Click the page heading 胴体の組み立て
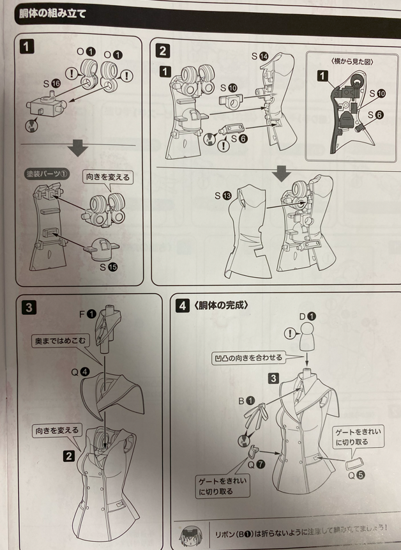point(53,13)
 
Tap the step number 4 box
point(182,305)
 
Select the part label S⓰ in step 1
point(52,84)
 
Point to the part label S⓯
point(109,267)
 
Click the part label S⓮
point(259,56)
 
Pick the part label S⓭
point(223,195)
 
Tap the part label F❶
point(87,314)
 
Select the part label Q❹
point(80,372)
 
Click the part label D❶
point(307,316)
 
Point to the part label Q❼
point(256,464)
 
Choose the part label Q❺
point(356,475)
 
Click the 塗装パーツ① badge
point(47,174)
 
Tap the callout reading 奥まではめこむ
point(60,340)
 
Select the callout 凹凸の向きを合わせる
point(248,358)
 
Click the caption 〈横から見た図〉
point(352,62)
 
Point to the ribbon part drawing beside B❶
point(255,417)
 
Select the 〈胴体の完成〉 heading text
point(220,305)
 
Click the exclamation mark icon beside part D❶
point(290,333)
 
